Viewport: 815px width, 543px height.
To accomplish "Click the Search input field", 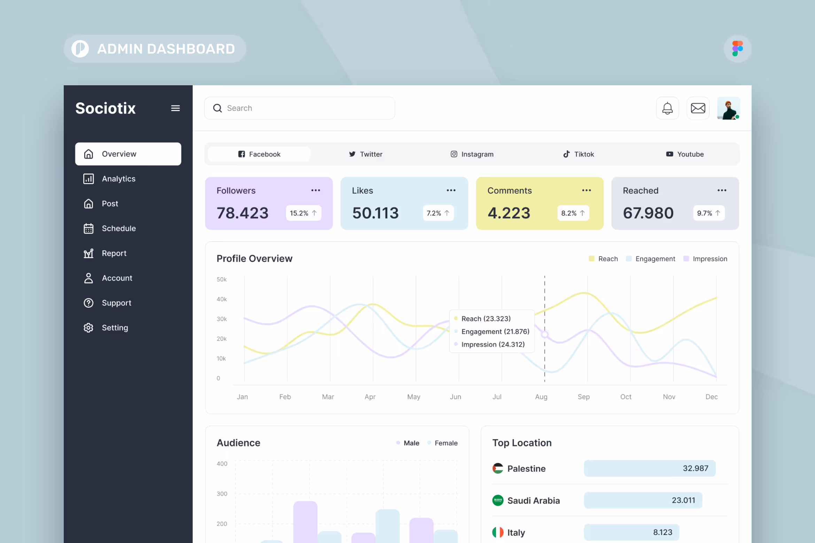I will tap(300, 108).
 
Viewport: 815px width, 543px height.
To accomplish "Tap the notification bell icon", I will tap(667, 108).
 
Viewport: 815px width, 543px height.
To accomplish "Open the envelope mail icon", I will tap(698, 108).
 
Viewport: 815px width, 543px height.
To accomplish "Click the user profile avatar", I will tap(728, 108).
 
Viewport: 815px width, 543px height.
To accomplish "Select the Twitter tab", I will tap(366, 154).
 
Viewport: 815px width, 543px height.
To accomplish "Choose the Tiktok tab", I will tap(579, 154).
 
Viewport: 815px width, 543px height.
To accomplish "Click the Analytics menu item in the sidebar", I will tap(118, 179).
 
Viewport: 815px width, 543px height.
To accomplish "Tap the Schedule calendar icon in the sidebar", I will tap(88, 229).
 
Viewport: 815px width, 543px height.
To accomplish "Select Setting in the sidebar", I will tap(115, 328).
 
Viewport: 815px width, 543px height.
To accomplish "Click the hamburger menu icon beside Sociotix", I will tap(175, 108).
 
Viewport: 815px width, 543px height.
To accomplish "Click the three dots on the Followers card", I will tap(316, 190).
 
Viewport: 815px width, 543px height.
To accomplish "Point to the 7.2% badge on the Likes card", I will tap(438, 213).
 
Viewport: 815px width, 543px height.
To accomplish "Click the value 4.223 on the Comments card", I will tap(509, 213).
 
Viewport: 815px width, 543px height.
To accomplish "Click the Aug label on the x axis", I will tap(541, 397).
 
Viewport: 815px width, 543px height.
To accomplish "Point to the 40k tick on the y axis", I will tap(222, 299).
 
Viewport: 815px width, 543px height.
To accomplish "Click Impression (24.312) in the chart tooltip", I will tap(492, 345).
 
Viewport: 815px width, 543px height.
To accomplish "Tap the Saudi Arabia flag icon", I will tap(498, 501).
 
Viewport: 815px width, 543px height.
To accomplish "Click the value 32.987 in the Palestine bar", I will tap(695, 469).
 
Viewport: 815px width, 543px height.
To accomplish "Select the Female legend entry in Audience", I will tap(445, 443).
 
